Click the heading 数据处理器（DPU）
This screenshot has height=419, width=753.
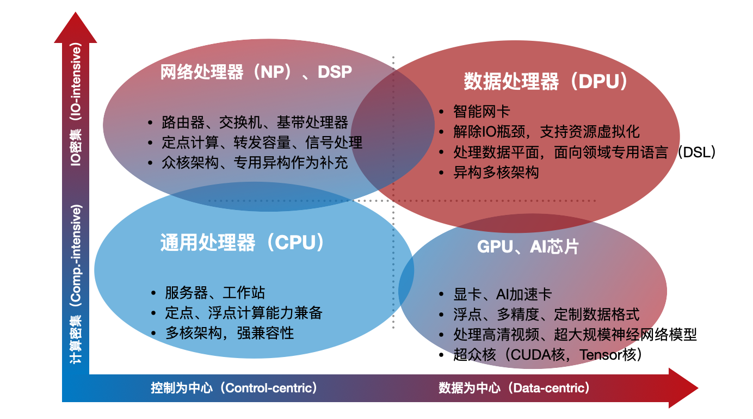click(x=546, y=82)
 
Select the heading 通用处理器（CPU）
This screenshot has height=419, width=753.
click(x=242, y=243)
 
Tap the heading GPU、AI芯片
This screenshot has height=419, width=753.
click(x=528, y=247)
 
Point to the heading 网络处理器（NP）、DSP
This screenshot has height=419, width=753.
click(x=256, y=72)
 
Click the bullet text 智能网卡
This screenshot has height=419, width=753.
click(x=482, y=112)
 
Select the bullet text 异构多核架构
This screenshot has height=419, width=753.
click(x=496, y=173)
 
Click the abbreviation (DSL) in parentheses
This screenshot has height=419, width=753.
click(x=696, y=152)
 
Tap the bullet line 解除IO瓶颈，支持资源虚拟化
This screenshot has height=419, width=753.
click(x=546, y=132)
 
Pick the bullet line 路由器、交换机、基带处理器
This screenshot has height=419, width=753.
click(x=255, y=122)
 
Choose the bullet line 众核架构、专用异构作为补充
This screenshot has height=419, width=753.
click(x=255, y=163)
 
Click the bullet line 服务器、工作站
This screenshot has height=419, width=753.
click(x=215, y=293)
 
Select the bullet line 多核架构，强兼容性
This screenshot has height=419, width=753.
click(x=230, y=333)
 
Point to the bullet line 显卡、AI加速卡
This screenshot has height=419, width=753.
click(x=503, y=294)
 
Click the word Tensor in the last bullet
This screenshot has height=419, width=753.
click(x=598, y=355)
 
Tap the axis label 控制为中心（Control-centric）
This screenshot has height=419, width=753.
click(x=234, y=388)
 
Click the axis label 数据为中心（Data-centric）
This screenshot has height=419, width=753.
click(x=514, y=388)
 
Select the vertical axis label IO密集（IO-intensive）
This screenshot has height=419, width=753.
click(x=76, y=104)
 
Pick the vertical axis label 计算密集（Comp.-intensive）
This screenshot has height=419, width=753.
click(x=76, y=284)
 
